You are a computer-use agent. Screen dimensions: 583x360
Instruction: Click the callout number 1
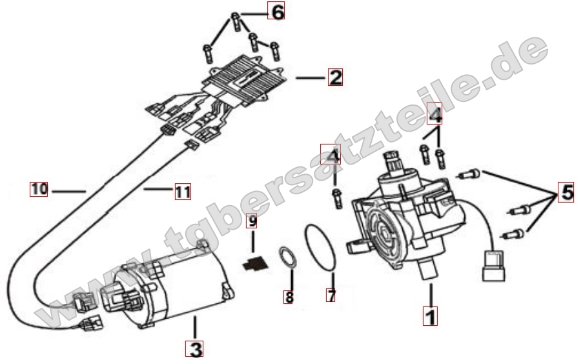click(x=430, y=316)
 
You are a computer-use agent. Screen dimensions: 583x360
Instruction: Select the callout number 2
click(x=335, y=77)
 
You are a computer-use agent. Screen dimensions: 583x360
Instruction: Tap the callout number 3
click(x=195, y=349)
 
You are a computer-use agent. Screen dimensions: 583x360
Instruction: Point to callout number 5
click(x=567, y=192)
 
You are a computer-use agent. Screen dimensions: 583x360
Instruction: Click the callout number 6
click(x=276, y=11)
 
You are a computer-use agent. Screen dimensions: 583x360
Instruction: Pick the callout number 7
click(x=331, y=295)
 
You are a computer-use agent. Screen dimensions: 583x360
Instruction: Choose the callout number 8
click(x=288, y=297)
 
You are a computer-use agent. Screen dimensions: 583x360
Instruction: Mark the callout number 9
click(x=252, y=221)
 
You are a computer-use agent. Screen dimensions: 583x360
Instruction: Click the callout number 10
click(x=39, y=189)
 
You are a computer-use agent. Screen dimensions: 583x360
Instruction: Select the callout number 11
click(x=183, y=192)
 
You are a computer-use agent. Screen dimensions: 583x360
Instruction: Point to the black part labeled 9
click(x=254, y=263)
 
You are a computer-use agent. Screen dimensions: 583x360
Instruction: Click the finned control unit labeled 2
click(x=244, y=80)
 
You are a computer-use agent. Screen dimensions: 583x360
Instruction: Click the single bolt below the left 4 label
click(x=337, y=198)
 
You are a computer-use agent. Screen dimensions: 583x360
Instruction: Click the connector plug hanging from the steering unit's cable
click(x=493, y=266)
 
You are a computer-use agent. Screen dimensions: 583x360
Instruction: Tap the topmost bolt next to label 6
click(x=236, y=22)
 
